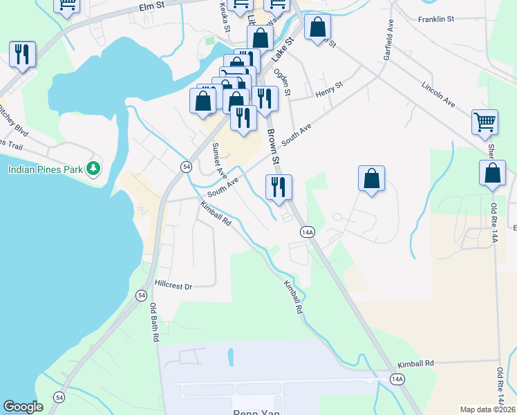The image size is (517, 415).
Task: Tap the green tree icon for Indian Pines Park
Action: pos(93,168)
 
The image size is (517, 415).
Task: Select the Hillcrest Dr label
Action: pos(173,284)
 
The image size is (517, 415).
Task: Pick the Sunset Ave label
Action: pos(219,159)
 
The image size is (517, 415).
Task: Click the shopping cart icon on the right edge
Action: pos(485,122)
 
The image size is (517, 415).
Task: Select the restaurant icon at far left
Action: pos(22,54)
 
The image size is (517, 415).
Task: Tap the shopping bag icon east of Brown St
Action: pos(371,178)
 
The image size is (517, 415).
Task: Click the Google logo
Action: pos(23,407)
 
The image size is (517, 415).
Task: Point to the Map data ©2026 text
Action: pos(487,409)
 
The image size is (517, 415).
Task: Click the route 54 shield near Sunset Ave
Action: pos(186,167)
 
